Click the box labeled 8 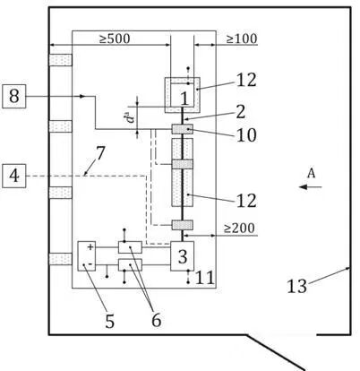tap(14, 96)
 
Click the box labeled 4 tap(14, 176)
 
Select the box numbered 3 tap(182, 256)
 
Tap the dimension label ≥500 tap(115, 39)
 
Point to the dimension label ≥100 tap(242, 39)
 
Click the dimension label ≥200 tap(239, 229)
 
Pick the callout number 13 tap(296, 286)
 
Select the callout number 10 tap(246, 135)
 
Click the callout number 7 tap(100, 153)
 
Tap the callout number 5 tap(109, 322)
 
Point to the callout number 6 tap(156, 320)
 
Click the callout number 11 tap(205, 278)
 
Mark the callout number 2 tap(240, 112)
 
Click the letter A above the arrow tap(311, 173)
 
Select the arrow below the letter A tap(311, 187)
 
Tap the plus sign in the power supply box tap(90, 247)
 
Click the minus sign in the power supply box tap(91, 264)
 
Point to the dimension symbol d tap(130, 116)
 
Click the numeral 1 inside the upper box tap(185, 99)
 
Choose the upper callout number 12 tap(246, 80)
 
